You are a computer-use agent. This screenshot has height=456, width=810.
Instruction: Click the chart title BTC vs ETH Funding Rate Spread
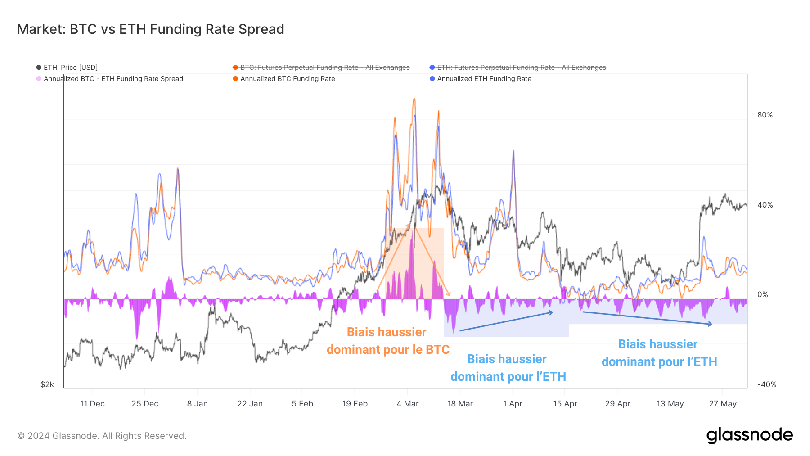(x=150, y=29)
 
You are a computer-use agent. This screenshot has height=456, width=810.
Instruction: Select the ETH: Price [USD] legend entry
(x=70, y=68)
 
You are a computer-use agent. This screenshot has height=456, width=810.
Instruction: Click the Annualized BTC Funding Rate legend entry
(x=287, y=79)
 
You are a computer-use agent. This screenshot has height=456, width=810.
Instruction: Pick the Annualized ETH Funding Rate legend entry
(x=484, y=79)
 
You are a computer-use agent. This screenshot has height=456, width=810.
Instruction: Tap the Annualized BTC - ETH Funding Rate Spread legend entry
(x=113, y=79)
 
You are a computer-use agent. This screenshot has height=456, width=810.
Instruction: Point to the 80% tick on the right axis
(x=765, y=115)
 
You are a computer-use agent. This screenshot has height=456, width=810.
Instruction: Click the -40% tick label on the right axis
(x=766, y=384)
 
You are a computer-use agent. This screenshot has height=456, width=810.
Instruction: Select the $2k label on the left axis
(x=47, y=384)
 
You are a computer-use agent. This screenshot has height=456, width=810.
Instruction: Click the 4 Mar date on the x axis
(x=407, y=404)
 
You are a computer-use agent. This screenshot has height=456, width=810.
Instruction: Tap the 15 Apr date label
(x=565, y=404)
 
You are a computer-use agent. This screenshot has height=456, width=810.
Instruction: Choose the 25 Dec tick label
(x=144, y=404)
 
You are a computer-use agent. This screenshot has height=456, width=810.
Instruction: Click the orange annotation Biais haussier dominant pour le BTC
(x=387, y=341)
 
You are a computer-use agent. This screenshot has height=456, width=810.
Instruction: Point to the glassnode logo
(x=749, y=435)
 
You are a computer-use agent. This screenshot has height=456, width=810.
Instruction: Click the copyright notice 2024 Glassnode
(x=102, y=436)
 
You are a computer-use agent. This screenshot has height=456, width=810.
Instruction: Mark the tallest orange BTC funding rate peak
(x=414, y=99)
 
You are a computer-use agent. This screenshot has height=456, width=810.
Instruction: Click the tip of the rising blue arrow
(x=553, y=312)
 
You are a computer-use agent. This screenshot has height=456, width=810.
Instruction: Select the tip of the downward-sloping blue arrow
(x=712, y=324)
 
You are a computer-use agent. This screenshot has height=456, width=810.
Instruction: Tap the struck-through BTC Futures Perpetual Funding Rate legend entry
(x=324, y=68)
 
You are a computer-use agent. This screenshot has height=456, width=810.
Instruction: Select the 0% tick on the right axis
(x=762, y=294)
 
